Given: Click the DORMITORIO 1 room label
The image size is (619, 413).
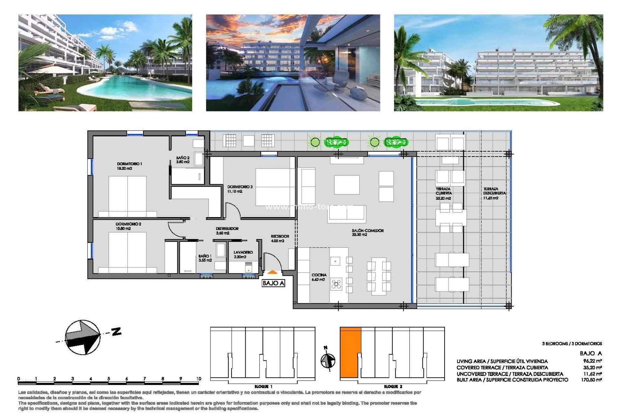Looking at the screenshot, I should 129,164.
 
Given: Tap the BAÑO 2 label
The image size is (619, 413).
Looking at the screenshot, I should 183,158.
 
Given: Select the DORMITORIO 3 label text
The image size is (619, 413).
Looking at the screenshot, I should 240,187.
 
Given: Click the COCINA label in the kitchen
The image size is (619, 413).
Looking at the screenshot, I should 319,275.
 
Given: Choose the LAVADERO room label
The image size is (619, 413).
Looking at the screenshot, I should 243,252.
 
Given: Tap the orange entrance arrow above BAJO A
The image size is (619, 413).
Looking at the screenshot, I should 273,273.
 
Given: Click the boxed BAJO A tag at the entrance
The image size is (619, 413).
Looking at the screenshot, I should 273,283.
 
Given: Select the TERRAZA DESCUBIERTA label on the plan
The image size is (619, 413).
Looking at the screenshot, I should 490,191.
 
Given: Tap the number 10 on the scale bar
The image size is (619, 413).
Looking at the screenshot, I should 198,379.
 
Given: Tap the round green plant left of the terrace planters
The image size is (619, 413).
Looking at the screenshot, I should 315,142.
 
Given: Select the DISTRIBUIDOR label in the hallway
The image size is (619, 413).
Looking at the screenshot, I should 227,228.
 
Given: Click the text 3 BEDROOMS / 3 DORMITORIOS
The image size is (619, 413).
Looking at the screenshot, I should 572,344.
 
